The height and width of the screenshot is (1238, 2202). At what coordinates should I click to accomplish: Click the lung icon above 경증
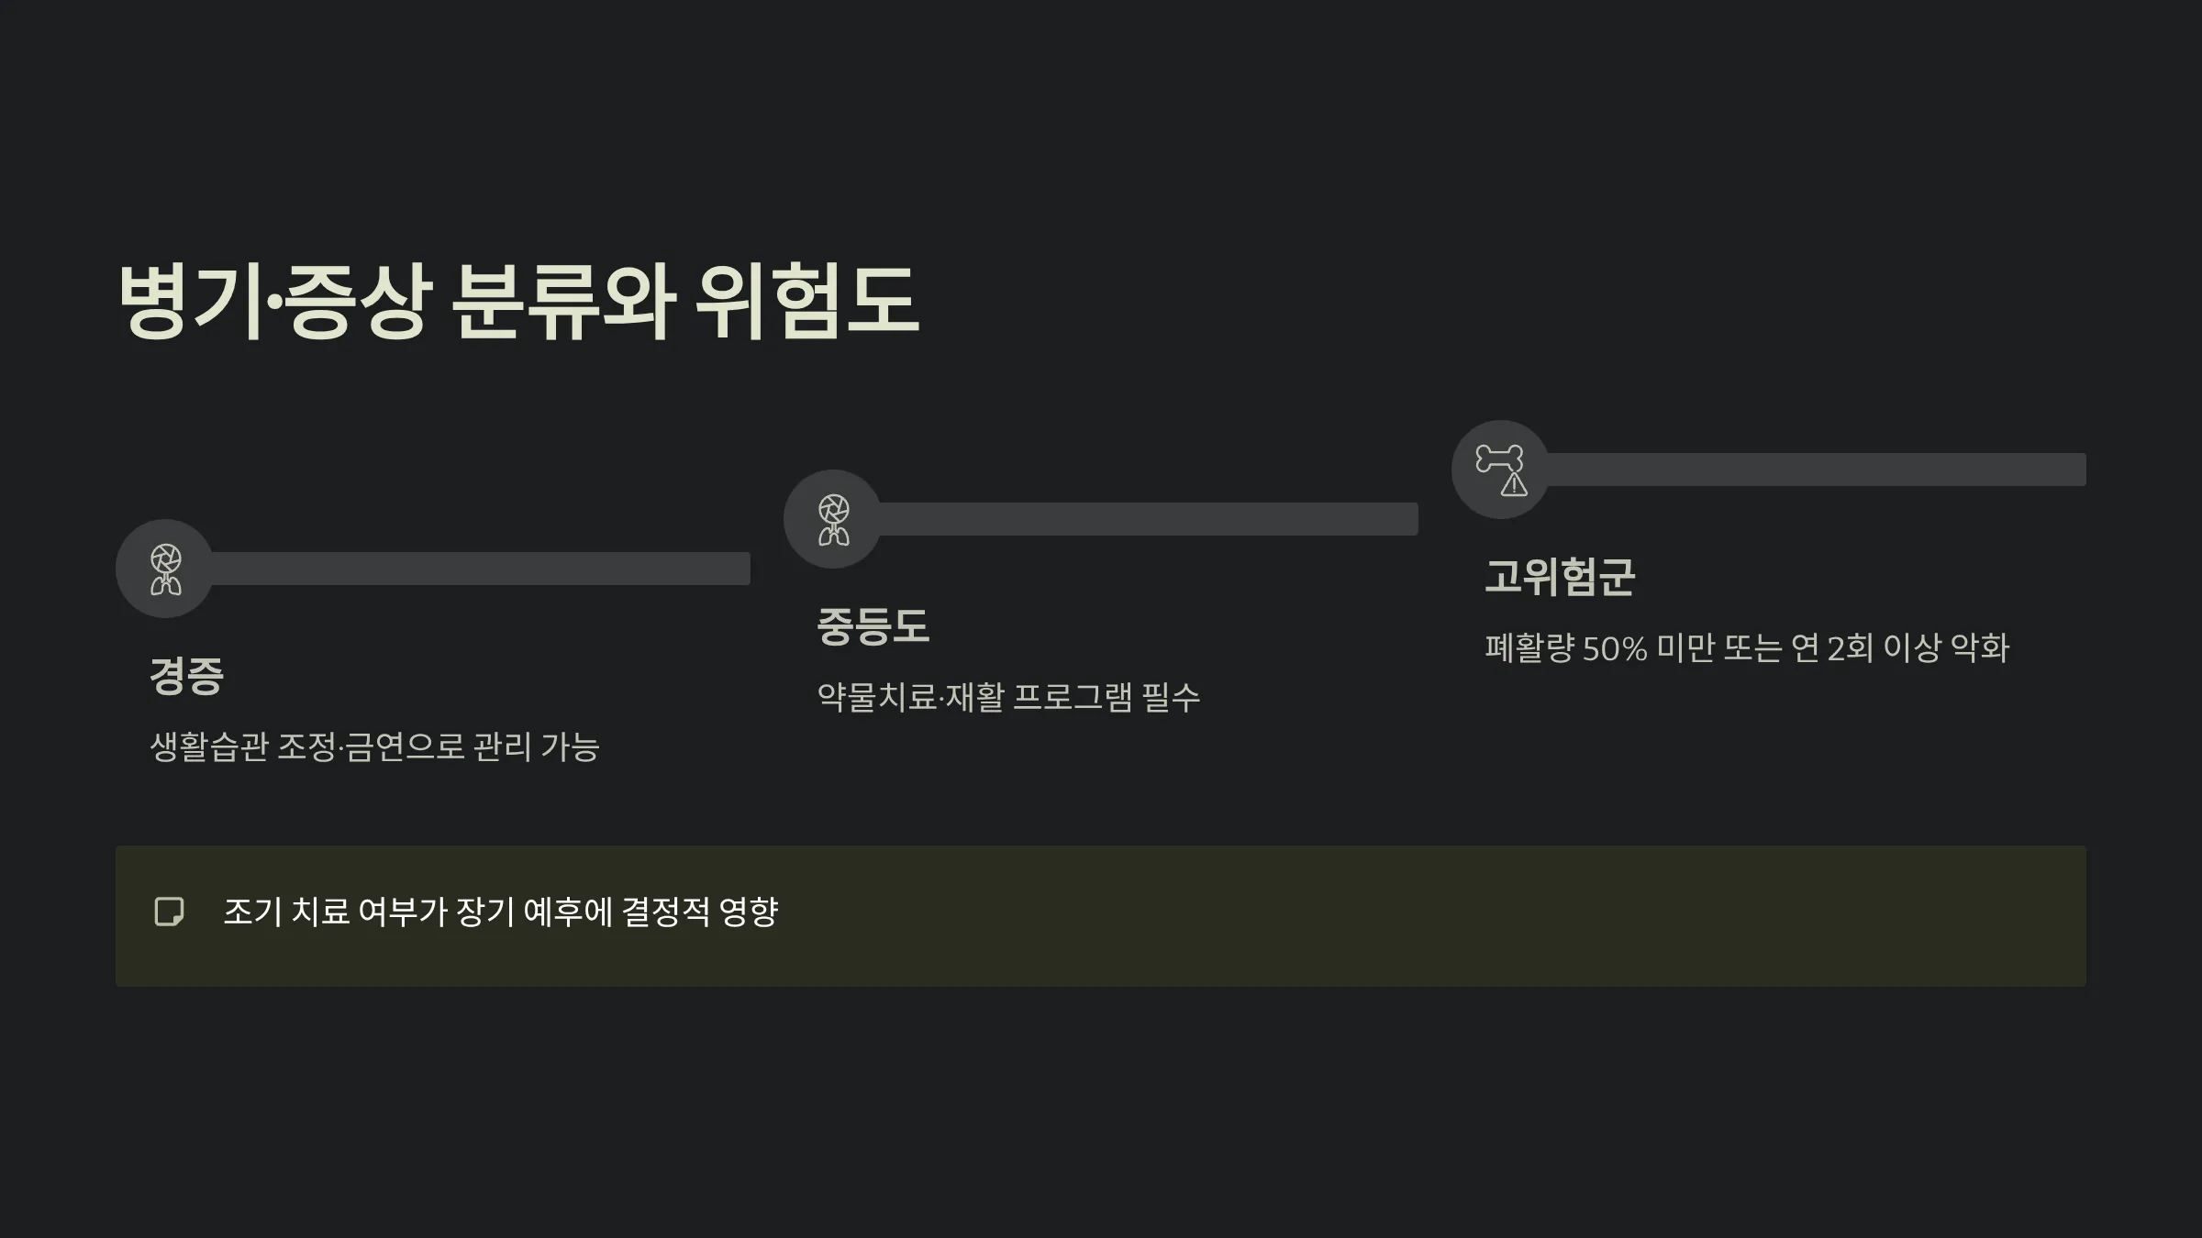165,569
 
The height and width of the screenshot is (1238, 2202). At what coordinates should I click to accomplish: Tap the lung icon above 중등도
833,520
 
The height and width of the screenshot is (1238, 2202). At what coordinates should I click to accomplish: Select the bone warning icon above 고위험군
1500,470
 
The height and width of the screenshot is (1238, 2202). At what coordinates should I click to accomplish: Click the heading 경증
186,677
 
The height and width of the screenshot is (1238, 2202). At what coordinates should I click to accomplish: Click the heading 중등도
873,627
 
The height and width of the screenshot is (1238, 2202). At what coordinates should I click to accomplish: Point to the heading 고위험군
1560,578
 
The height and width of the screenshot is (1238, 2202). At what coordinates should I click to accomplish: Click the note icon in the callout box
169,912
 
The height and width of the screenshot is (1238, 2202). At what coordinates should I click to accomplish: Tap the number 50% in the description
1615,649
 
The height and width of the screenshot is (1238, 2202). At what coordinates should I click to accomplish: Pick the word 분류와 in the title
563,301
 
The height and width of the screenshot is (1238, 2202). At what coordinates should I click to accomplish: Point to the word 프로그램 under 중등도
1073,698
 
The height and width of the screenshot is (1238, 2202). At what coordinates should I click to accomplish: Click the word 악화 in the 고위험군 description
1979,648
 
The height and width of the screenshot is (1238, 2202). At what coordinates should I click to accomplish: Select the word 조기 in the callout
252,912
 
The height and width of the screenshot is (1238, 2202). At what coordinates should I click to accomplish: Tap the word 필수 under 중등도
1171,698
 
